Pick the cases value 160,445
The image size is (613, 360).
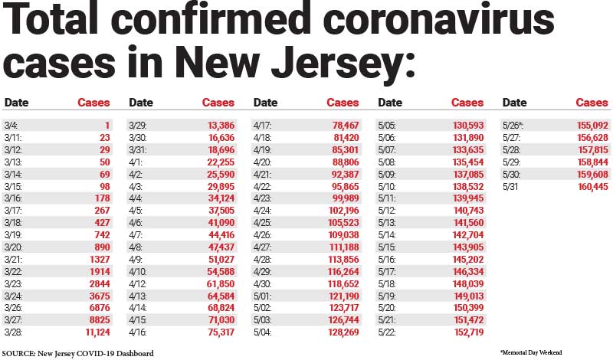[x=590, y=185]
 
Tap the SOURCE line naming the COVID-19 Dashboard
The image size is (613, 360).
[x=79, y=352]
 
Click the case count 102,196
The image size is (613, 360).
[x=341, y=210]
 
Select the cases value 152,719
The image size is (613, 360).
[x=467, y=332]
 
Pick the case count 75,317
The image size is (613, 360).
[x=218, y=332]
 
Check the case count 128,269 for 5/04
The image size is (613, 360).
[x=341, y=332]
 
